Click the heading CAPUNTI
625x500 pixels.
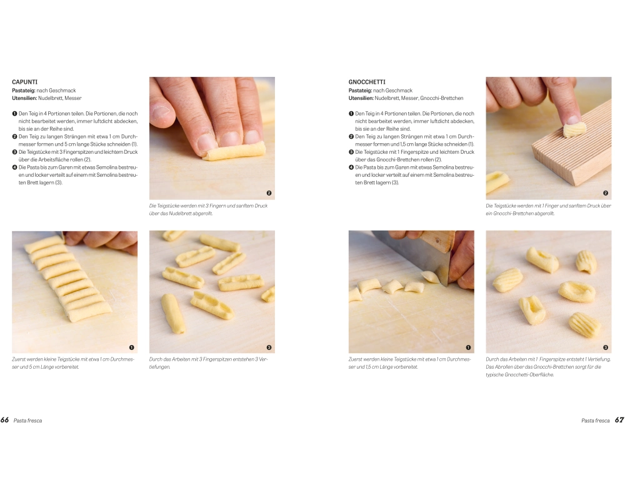25,82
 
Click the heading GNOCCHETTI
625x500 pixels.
367,82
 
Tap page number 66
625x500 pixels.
5,420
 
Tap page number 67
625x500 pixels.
619,420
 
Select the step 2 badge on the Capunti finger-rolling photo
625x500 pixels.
269,193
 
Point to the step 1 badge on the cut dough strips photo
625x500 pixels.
131,347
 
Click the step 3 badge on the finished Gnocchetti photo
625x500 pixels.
606,347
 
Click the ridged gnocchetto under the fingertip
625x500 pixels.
574,129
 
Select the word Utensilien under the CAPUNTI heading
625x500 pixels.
24,98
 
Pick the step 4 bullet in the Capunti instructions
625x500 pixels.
15,167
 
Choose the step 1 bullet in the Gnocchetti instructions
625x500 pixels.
351,114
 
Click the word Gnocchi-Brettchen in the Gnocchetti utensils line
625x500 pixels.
442,98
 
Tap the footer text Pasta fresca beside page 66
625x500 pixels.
27,420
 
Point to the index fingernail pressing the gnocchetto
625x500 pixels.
572,119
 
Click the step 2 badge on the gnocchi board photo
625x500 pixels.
606,193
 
